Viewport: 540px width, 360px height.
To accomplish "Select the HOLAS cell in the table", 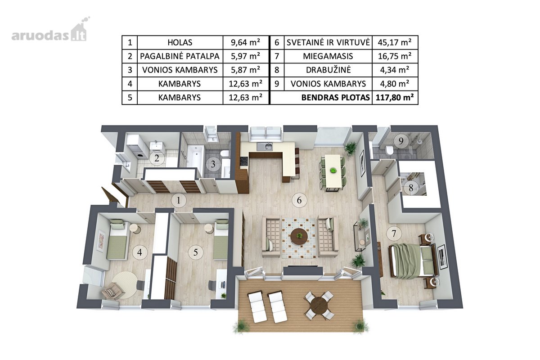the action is [x=180, y=43].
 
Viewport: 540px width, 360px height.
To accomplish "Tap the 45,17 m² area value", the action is [x=395, y=42].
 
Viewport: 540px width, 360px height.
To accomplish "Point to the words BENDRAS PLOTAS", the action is [x=336, y=97].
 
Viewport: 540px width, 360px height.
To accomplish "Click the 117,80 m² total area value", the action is [x=395, y=97].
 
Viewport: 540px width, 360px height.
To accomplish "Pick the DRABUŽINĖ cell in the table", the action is [x=328, y=70].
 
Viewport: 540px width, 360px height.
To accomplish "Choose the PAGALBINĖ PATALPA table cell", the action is [x=180, y=56].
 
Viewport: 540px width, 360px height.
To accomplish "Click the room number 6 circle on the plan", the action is [x=299, y=200].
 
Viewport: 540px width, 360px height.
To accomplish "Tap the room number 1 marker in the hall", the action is [x=178, y=200].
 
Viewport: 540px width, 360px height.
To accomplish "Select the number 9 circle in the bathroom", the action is [x=401, y=141].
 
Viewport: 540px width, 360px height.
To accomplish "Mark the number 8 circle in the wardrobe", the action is [x=411, y=188].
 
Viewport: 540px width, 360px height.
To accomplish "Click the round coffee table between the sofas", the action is [x=299, y=236].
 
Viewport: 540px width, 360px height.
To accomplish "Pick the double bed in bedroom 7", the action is [x=413, y=260].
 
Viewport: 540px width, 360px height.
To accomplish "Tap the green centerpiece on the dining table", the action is [x=333, y=171].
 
